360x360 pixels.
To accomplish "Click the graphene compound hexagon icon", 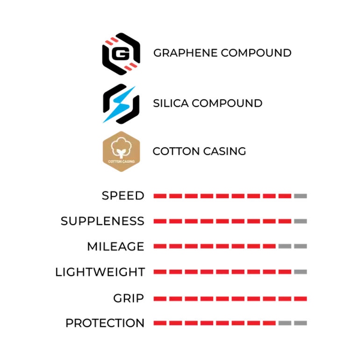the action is pos(121,54).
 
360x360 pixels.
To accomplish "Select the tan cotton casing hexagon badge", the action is pos(121,151).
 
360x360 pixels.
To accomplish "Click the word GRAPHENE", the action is pos(185,53).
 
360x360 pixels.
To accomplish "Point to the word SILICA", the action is pos(171,103).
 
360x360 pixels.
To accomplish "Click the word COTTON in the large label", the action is pos(176,151).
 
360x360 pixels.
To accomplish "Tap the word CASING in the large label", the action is pos(224,151).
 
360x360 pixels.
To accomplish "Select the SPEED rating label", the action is pos(123,196).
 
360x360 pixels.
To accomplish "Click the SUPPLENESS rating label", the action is pos(102,221).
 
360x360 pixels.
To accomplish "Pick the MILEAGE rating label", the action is pos(115,246).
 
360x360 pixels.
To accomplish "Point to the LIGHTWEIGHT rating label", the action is pos(100,272).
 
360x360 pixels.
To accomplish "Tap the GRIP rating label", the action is pos(129,298).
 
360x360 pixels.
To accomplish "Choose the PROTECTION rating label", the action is pos(105,323).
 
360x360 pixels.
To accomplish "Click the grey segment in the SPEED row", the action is pos(300,196).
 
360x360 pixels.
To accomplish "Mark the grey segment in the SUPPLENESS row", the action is pos(300,221).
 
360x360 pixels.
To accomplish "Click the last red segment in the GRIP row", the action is pos(300,299).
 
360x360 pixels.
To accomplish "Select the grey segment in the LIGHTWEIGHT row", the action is pos(300,272).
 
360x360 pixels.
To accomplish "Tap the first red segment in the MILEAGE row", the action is pos(160,246).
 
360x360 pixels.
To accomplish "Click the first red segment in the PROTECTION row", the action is pos(160,323).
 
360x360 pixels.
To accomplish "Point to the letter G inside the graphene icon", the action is pos(121,54).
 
